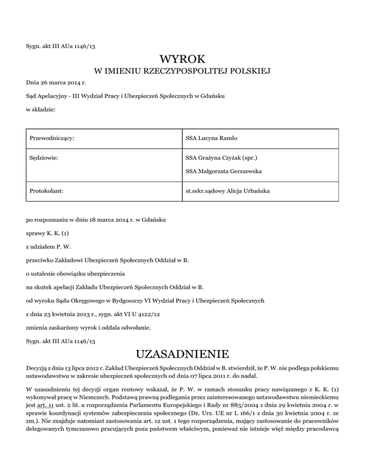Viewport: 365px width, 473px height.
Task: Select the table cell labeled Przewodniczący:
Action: point(52,138)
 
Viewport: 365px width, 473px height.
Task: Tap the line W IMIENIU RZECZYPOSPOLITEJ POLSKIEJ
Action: point(182,72)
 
